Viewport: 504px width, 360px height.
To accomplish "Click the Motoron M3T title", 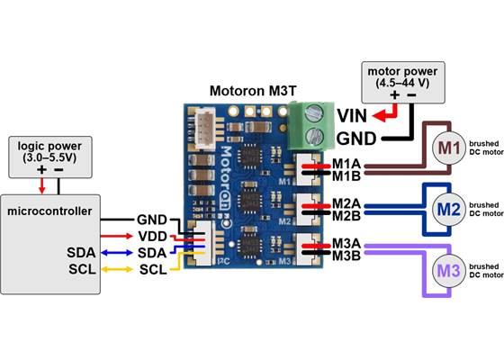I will click(x=254, y=91).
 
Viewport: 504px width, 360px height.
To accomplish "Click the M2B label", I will click(x=346, y=216).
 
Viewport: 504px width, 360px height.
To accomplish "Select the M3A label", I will click(x=346, y=244).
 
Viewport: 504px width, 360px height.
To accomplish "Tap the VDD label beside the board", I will click(x=151, y=235).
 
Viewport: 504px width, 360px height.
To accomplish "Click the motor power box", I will click(x=400, y=77).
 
